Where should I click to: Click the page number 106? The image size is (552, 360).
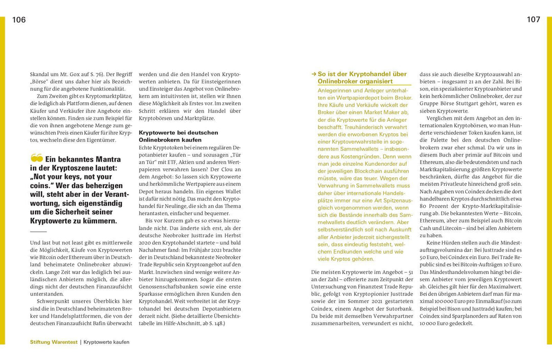point(19,20)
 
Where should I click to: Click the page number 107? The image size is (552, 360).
point(533,20)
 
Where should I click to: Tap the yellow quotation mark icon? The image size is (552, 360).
point(36,158)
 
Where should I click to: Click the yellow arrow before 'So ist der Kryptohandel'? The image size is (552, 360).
point(314,74)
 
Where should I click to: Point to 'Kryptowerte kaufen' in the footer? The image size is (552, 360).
point(106,342)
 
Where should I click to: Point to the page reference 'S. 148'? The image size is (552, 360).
point(214,323)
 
